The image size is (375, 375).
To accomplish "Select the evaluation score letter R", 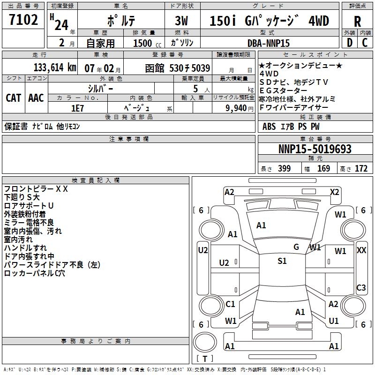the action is pos(357,22).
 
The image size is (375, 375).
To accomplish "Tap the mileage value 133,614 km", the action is pos(55,68).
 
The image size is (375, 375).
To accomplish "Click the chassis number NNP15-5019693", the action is pos(315,150).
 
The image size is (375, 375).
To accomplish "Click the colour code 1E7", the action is pos(77,108).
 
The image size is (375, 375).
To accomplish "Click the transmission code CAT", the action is pos(13,98).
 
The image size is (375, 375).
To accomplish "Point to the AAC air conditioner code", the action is pos(36,98).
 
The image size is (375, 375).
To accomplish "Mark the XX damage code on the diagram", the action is pos(361,250).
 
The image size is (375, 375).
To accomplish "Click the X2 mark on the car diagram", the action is pos(335,192).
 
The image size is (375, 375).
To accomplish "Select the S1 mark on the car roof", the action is pos(282,261).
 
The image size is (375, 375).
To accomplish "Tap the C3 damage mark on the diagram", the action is pos(361,288).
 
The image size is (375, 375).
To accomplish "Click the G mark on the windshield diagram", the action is pos(296,247).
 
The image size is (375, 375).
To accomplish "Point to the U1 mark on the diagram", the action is pos(334,321).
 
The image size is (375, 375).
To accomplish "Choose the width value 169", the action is pos(324,169).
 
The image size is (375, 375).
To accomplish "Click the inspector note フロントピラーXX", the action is pos(36,189).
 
